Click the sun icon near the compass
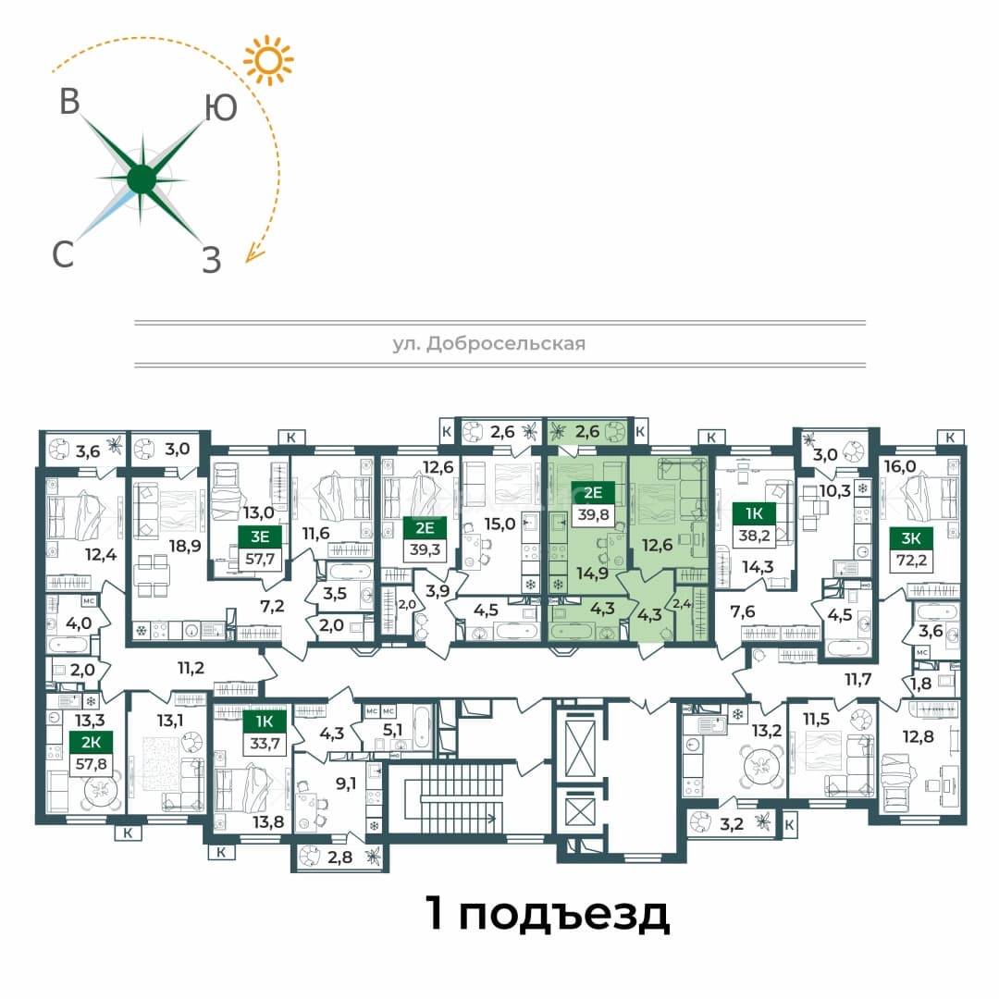pos(268,60)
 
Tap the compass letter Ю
pos(221,108)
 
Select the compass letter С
pos(63,254)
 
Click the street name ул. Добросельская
pos(488,344)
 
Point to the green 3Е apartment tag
pos(259,536)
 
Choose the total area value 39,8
pos(593,514)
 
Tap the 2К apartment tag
pos(91,742)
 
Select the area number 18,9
pos(185,546)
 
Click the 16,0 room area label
pos(900,466)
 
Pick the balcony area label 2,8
pos(339,857)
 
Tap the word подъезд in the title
pos(564,915)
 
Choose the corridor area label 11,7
pos(857,679)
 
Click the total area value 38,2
pos(754,536)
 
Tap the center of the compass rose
pos(142,179)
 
